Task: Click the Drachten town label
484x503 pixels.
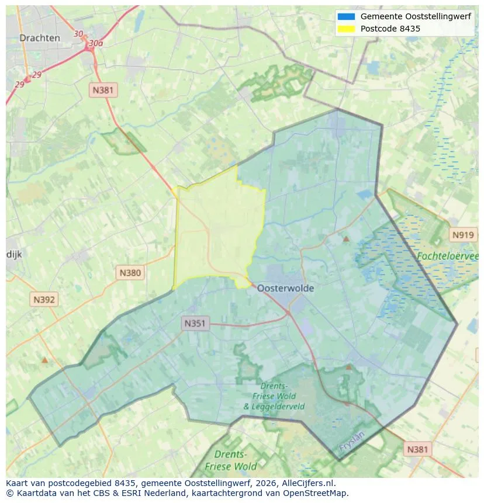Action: click(x=40, y=38)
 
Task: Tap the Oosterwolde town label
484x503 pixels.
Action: click(x=285, y=288)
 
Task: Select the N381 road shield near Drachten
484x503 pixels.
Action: click(x=103, y=90)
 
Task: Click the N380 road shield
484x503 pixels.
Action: click(x=130, y=272)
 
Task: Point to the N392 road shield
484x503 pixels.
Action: click(x=44, y=300)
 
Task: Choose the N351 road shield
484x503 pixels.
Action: click(x=195, y=323)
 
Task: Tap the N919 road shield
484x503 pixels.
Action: click(x=463, y=235)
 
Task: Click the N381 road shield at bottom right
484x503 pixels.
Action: click(x=417, y=449)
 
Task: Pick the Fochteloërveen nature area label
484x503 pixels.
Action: click(x=448, y=256)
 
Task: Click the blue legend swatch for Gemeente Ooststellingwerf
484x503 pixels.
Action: click(x=346, y=16)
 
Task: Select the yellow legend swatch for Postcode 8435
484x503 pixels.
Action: click(x=346, y=29)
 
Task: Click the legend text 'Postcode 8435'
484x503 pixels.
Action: click(x=390, y=29)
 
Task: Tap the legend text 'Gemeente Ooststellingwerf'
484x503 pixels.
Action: click(x=416, y=16)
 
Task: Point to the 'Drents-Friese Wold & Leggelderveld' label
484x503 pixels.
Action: click(x=274, y=396)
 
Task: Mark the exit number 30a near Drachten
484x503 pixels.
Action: click(x=95, y=43)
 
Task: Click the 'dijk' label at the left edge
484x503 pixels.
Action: click(x=13, y=255)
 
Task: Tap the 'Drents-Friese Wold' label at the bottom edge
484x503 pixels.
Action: click(x=230, y=460)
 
